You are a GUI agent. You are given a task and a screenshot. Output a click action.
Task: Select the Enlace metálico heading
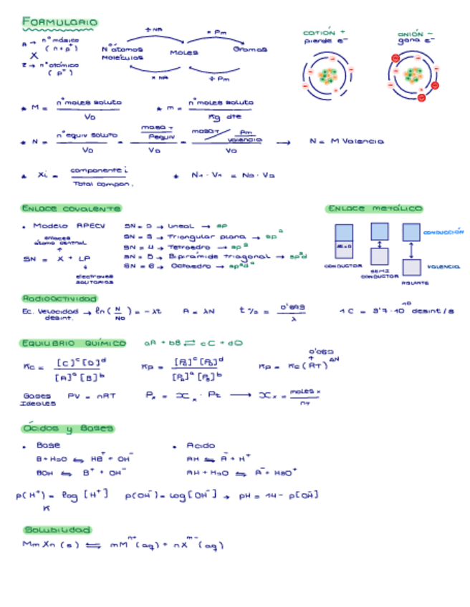coord(374,208)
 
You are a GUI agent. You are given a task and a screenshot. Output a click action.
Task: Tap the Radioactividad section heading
coord(59,298)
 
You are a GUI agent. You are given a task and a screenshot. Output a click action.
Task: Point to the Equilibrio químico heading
coord(73,344)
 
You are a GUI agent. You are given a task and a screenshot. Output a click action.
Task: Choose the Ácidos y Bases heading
coord(68,428)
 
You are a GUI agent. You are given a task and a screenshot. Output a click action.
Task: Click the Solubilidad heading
coord(57,530)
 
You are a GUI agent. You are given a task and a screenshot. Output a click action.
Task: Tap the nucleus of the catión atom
coord(327,75)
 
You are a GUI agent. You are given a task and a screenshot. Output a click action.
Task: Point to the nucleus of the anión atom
coord(414,74)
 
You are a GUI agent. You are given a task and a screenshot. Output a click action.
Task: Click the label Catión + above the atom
coord(324,33)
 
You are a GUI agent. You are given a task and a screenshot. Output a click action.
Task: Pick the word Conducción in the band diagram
coord(443,232)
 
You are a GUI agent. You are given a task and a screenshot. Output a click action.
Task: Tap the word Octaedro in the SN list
coord(190,265)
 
